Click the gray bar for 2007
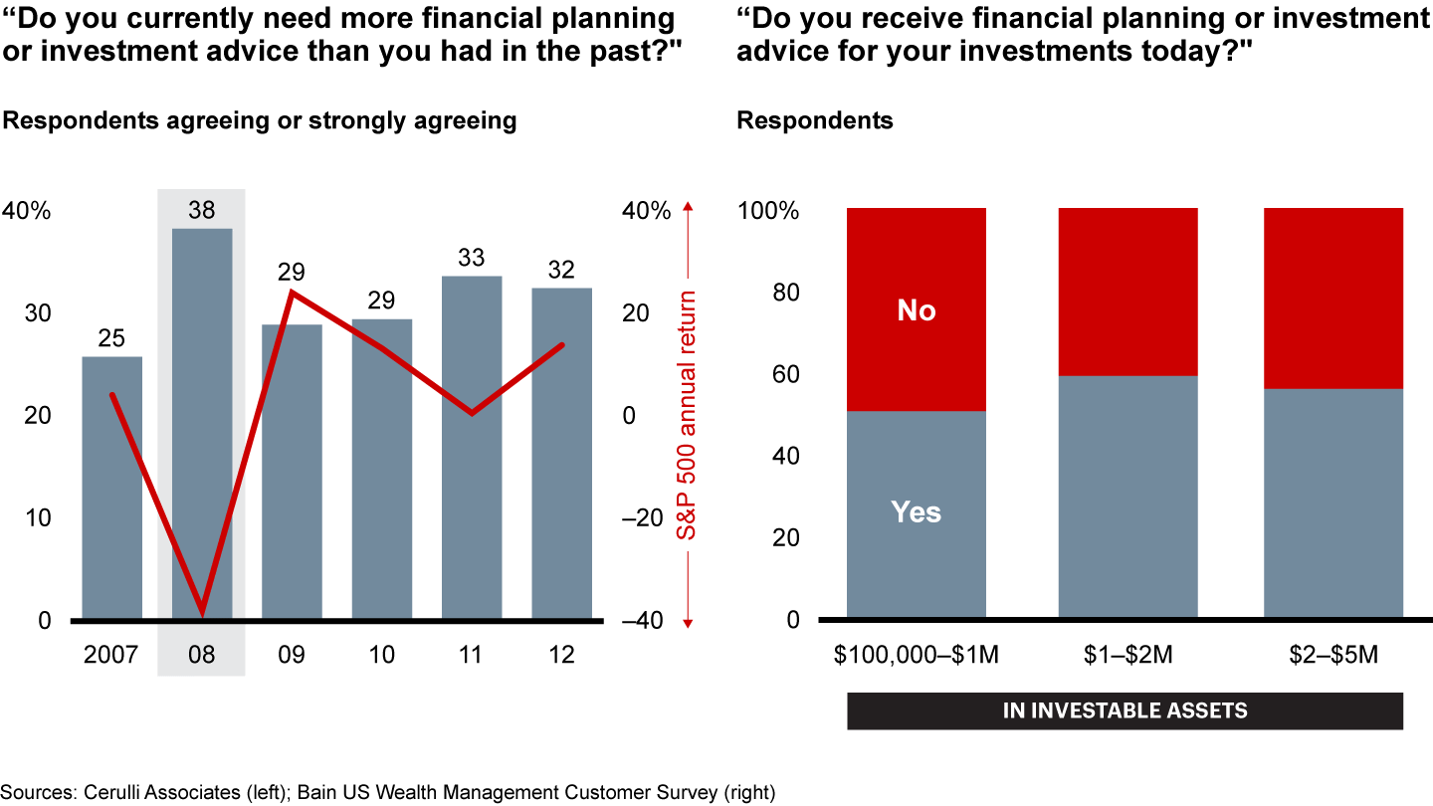pyautogui.click(x=111, y=488)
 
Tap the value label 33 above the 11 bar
pyautogui.click(x=471, y=259)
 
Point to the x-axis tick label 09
pyautogui.click(x=292, y=655)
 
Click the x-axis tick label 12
pyautogui.click(x=562, y=655)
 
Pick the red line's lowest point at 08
pyautogui.click(x=203, y=610)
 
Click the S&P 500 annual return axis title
pyautogui.click(x=688, y=415)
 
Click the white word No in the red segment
pyautogui.click(x=917, y=311)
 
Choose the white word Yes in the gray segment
pyautogui.click(x=917, y=512)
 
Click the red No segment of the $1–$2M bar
pyautogui.click(x=1127, y=292)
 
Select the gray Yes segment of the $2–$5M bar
pyautogui.click(x=1333, y=504)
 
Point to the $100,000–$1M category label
pyautogui.click(x=917, y=655)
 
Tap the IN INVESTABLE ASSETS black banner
pyautogui.click(x=1125, y=711)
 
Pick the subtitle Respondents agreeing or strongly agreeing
pyautogui.click(x=261, y=121)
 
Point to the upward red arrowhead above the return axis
pyautogui.click(x=688, y=207)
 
